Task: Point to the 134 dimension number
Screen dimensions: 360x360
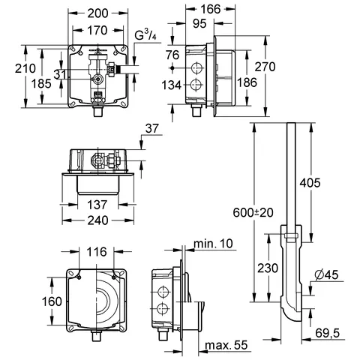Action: pyautogui.click(x=172, y=85)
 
